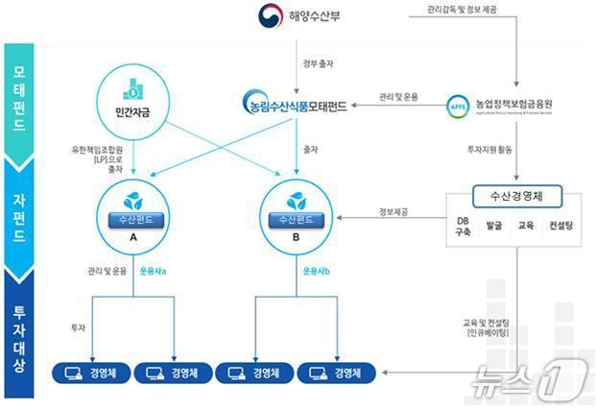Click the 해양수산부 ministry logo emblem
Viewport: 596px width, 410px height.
pos(272,17)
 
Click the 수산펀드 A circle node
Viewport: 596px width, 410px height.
pos(133,213)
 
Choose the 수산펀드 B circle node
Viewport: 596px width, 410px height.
pos(297,213)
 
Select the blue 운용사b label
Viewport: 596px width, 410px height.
pos(317,271)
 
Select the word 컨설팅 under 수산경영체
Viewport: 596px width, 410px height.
pos(560,228)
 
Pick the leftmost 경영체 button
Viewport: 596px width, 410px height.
pos(89,373)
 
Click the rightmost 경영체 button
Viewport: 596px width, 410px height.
pos(337,373)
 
